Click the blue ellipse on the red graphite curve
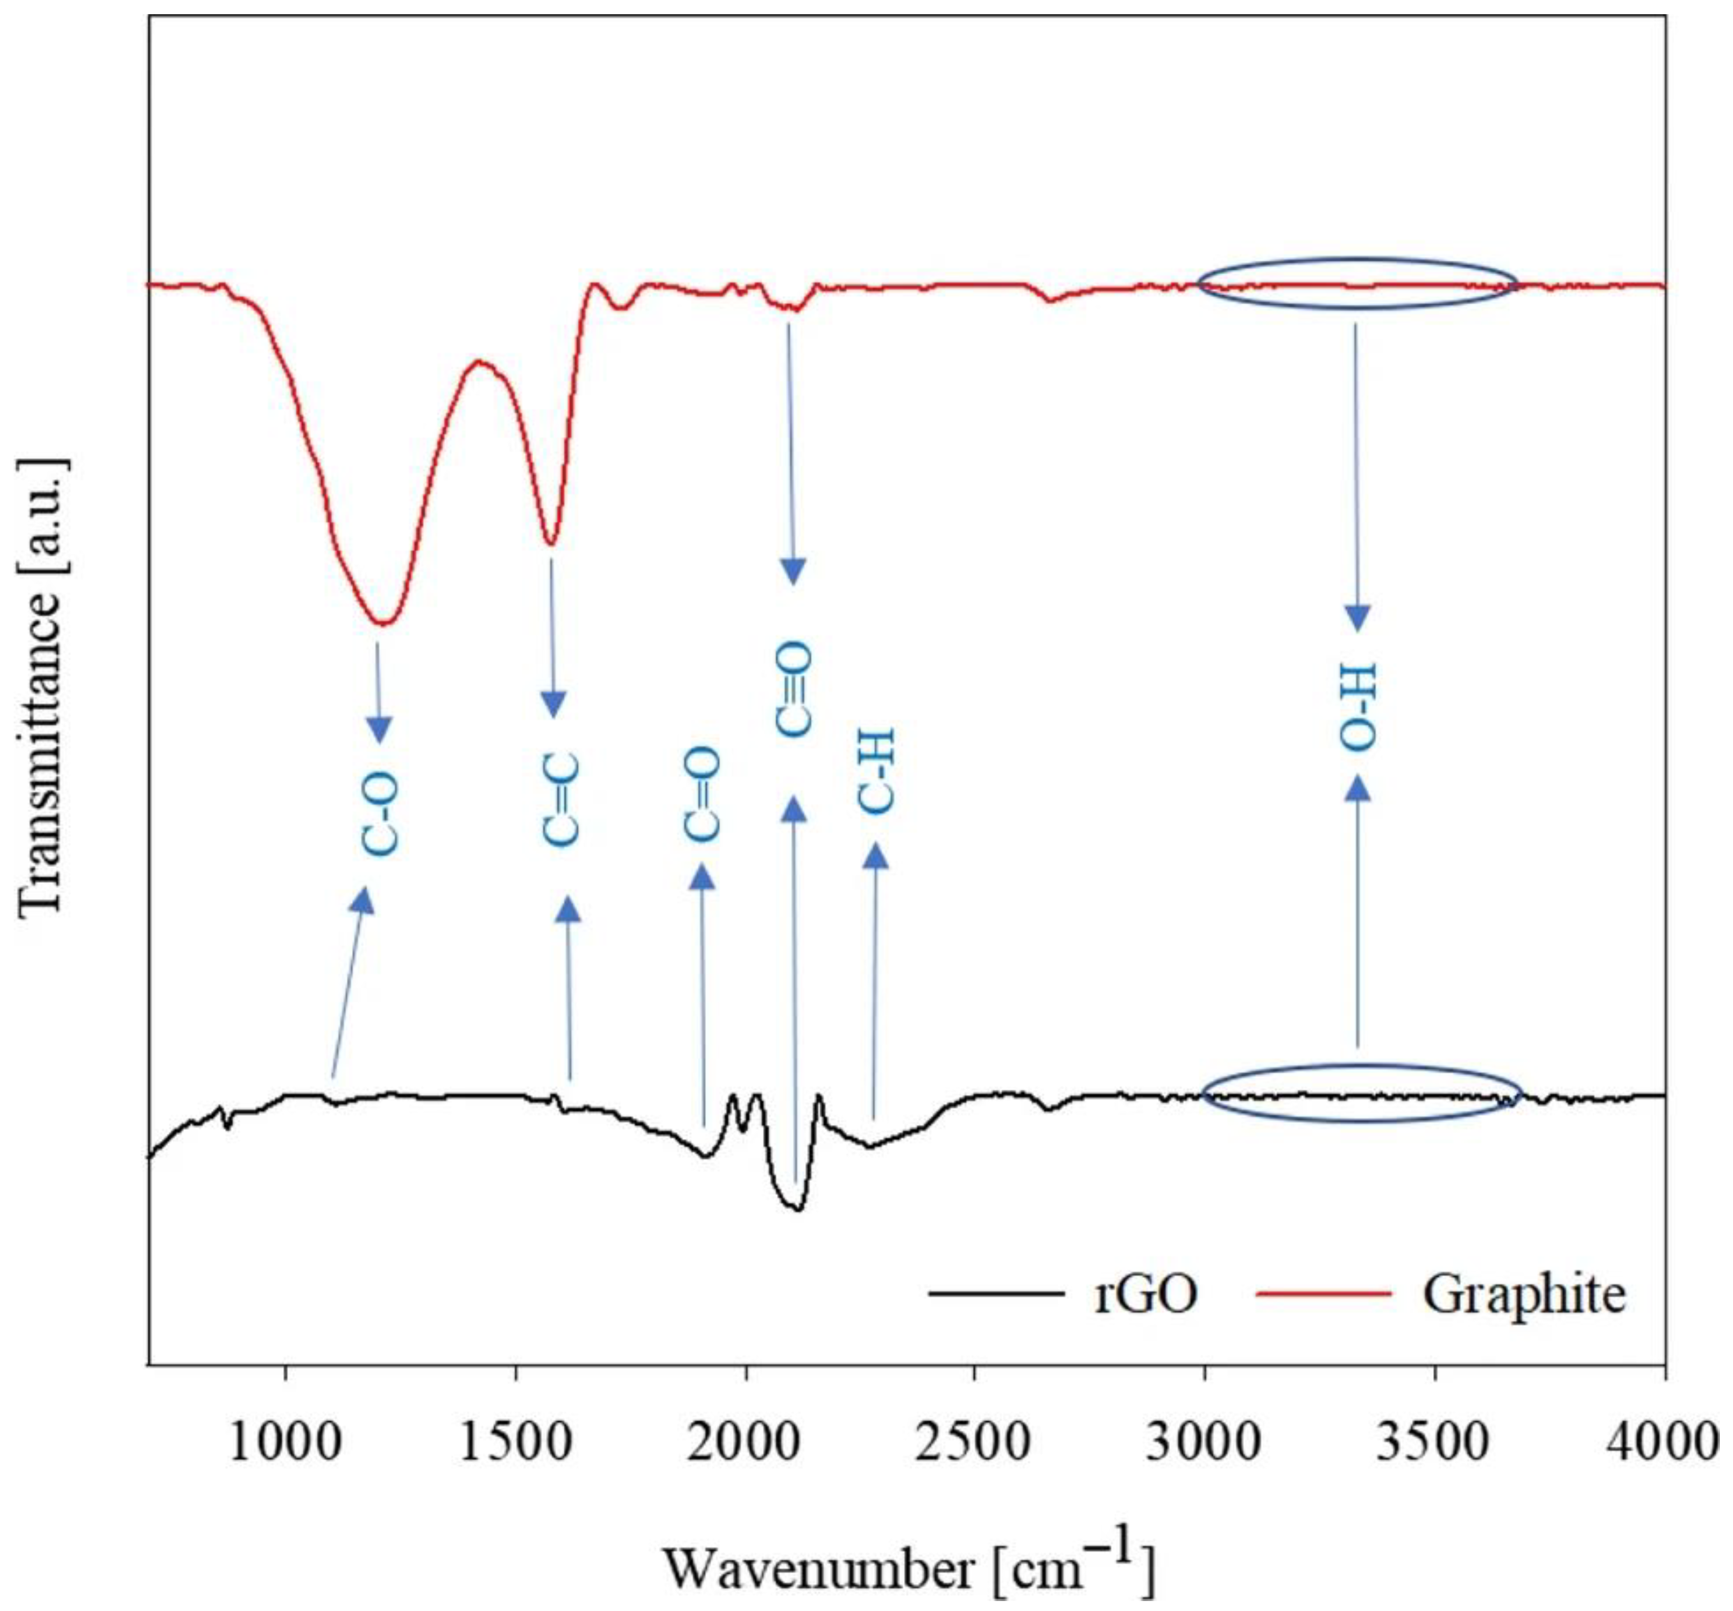(1357, 283)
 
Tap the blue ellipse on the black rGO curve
(1362, 1093)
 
